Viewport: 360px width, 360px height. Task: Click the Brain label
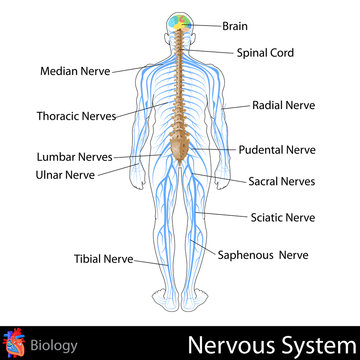(237, 26)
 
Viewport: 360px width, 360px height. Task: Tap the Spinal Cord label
(265, 52)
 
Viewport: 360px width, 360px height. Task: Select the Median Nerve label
(75, 71)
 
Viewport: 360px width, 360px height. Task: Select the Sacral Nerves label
(282, 181)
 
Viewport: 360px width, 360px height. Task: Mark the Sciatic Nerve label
(281, 216)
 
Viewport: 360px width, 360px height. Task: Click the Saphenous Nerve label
(263, 254)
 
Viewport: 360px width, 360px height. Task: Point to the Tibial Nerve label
(106, 258)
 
